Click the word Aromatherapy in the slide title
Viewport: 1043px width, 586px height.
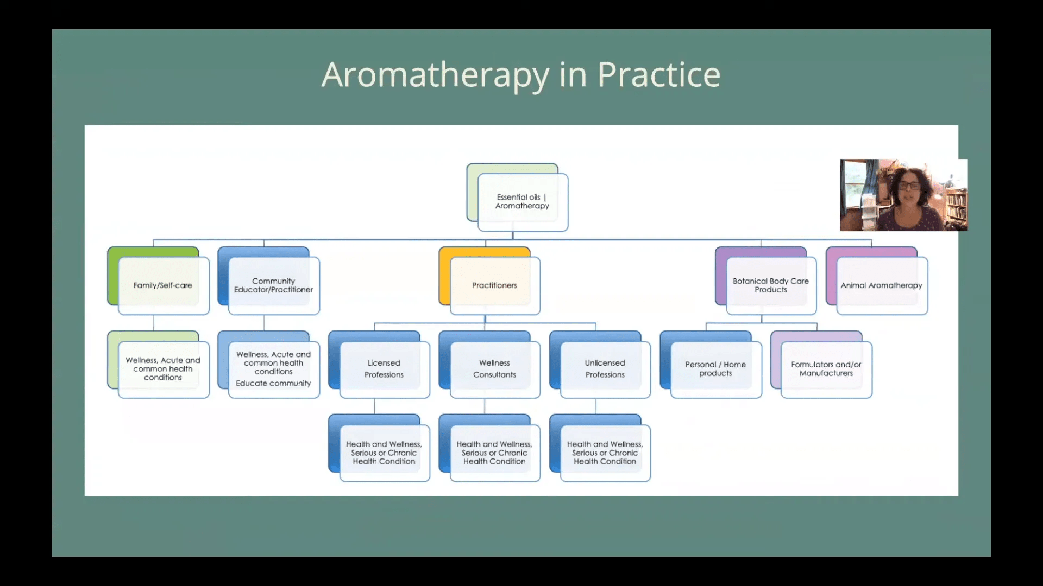pyautogui.click(x=435, y=75)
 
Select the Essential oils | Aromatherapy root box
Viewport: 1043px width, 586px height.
pyautogui.click(x=522, y=201)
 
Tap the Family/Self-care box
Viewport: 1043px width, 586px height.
pyautogui.click(x=163, y=285)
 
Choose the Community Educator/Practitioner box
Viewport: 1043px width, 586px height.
pyautogui.click(x=273, y=285)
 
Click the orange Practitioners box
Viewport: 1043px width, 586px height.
pyautogui.click(x=494, y=285)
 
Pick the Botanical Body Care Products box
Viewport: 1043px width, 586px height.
pyautogui.click(x=770, y=285)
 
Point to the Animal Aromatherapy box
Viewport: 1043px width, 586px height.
pyautogui.click(x=881, y=285)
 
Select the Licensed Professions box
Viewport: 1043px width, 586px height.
pyautogui.click(x=384, y=369)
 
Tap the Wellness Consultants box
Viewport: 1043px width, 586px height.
pyautogui.click(x=494, y=369)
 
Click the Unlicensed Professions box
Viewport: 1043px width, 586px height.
pyautogui.click(x=605, y=369)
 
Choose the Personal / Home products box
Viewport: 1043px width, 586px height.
pyautogui.click(x=715, y=369)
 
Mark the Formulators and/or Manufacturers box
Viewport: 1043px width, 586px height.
pyautogui.click(x=826, y=369)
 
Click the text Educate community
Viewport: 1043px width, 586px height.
pyautogui.click(x=273, y=384)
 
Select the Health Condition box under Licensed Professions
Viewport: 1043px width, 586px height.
pyautogui.click(x=384, y=453)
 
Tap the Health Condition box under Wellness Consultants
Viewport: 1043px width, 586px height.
pyautogui.click(x=494, y=453)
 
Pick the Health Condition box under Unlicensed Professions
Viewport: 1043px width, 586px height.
pyautogui.click(x=605, y=453)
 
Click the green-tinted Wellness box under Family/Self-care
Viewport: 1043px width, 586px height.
pyautogui.click(x=163, y=369)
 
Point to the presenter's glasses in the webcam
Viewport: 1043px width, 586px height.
pyautogui.click(x=909, y=186)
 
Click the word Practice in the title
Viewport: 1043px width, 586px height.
pyautogui.click(x=658, y=75)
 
